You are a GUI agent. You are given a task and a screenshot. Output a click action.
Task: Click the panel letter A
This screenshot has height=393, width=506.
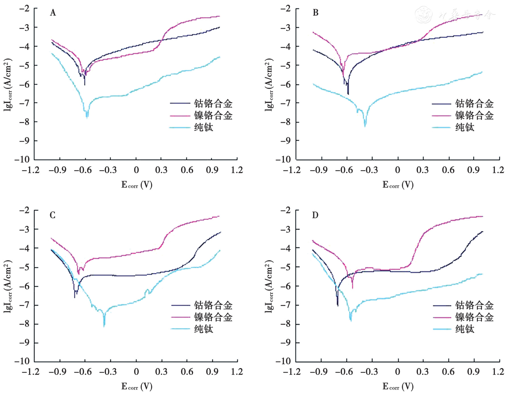pyautogui.click(x=53, y=13)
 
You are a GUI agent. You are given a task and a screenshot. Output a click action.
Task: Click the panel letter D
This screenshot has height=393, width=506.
pyautogui.click(x=315, y=215)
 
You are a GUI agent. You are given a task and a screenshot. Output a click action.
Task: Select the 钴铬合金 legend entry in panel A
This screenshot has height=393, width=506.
pyautogui.click(x=213, y=104)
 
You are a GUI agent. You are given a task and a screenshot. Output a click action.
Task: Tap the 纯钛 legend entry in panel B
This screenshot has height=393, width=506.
pyautogui.click(x=465, y=127)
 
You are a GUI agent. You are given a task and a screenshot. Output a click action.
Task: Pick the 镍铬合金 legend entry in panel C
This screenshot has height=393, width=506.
pyautogui.click(x=213, y=317)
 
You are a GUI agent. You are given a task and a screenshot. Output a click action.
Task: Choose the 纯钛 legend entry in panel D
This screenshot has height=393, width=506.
pyautogui.click(x=465, y=329)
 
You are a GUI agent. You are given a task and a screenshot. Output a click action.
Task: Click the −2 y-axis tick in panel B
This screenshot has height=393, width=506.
pyautogui.click(x=286, y=9)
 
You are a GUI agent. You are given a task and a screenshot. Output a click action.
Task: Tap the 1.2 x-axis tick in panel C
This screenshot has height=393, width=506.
pyautogui.click(x=237, y=372)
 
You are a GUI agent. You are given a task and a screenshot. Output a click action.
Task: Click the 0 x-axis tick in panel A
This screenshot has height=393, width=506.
pyautogui.click(x=136, y=170)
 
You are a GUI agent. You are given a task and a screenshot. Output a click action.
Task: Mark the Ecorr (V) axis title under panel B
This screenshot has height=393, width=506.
pyautogui.click(x=398, y=185)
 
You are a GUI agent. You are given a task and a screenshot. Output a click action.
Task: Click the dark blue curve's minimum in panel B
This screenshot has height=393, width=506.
pyautogui.click(x=348, y=94)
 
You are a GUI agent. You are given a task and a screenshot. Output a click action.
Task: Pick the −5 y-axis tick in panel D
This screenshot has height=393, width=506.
pyautogui.click(x=286, y=267)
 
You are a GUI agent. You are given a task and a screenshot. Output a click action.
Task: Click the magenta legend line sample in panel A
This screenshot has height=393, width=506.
pyautogui.click(x=180, y=116)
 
